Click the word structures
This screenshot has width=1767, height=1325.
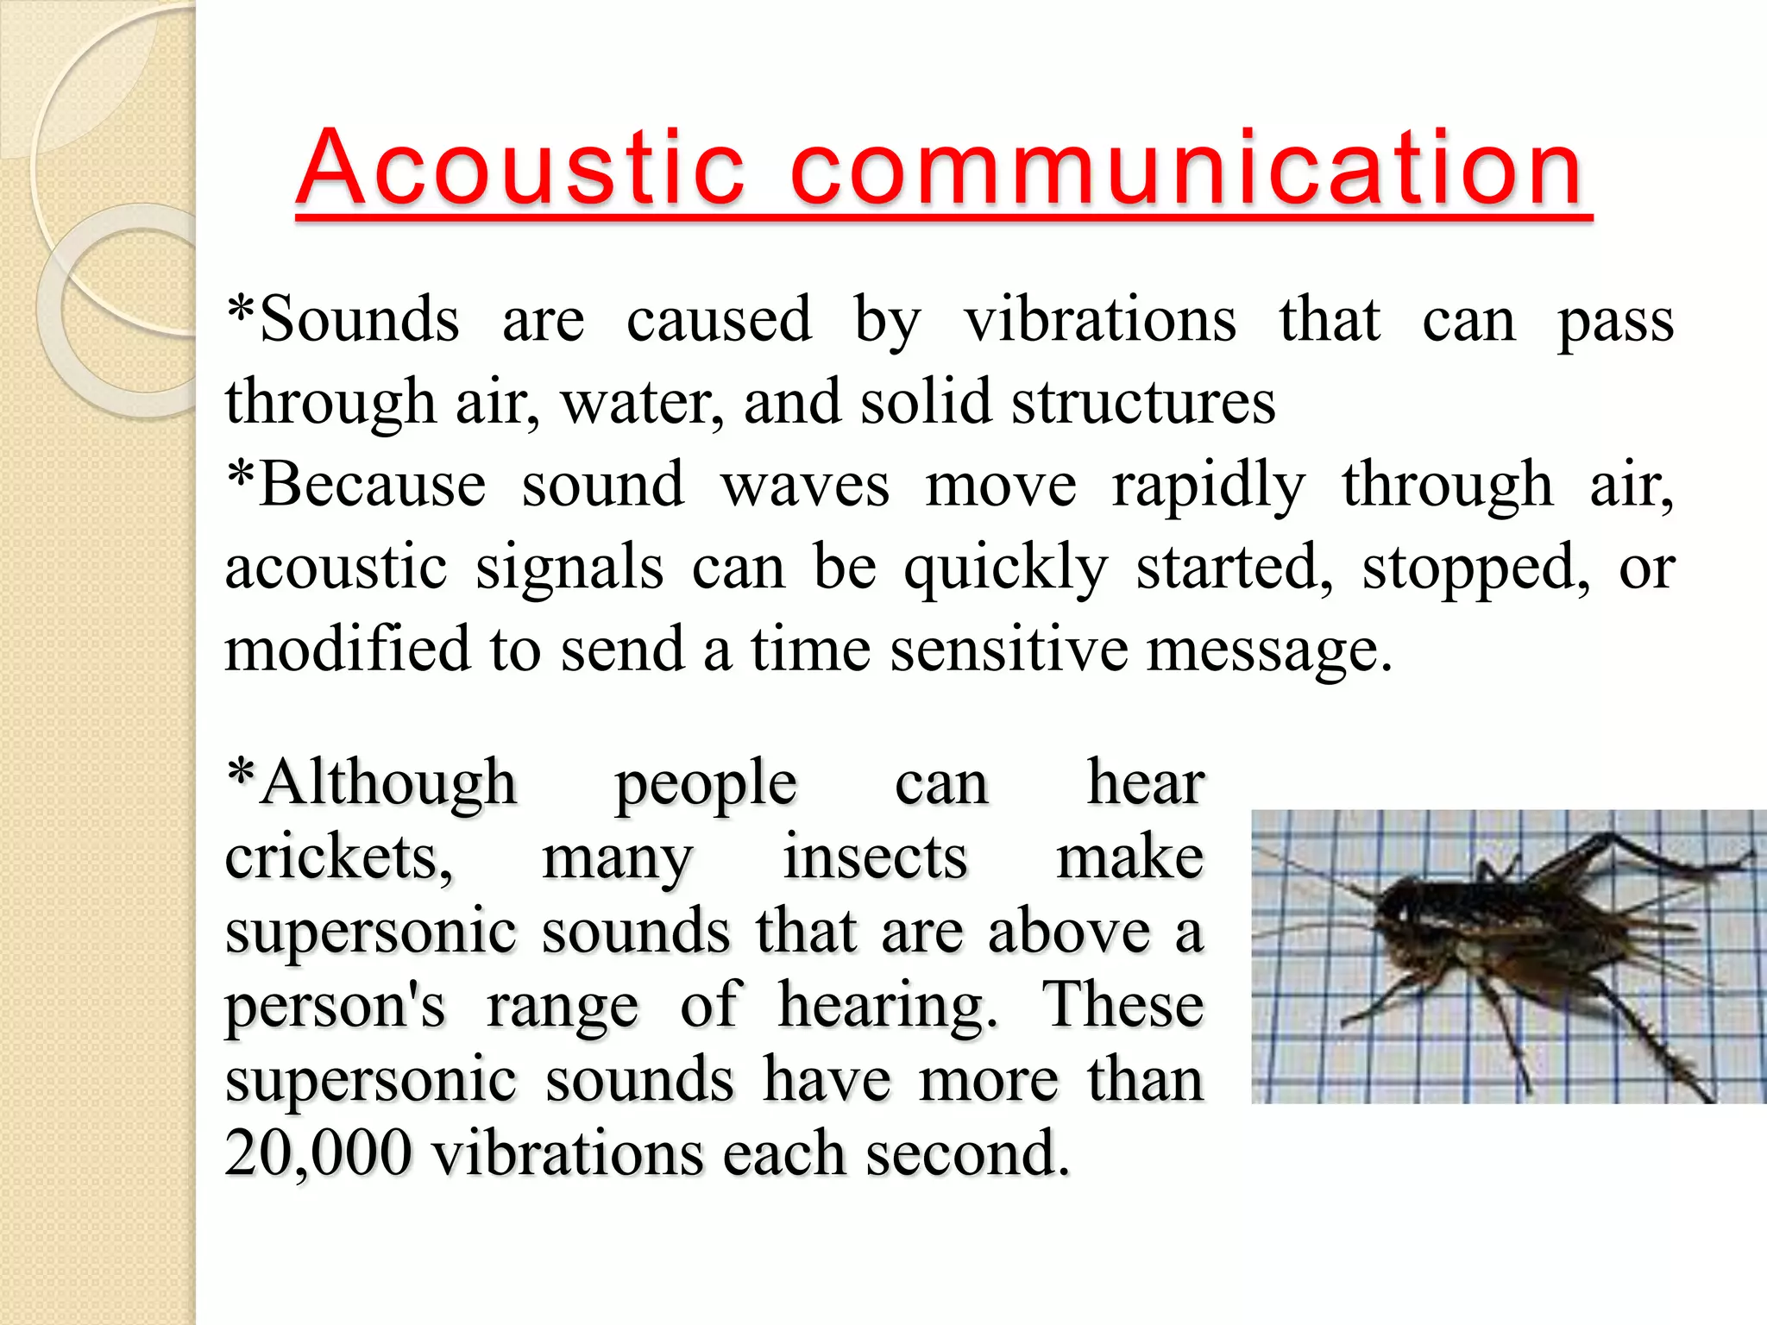tap(1143, 403)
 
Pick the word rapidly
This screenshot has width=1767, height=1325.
tap(1208, 487)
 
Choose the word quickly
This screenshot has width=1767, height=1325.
tap(1005, 569)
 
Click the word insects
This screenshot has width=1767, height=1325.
tap(875, 857)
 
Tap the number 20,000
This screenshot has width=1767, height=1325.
tap(318, 1154)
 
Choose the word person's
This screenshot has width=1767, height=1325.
tap(335, 1006)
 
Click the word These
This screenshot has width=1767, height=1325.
tap(1122, 1006)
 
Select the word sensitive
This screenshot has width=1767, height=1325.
tap(1009, 649)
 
